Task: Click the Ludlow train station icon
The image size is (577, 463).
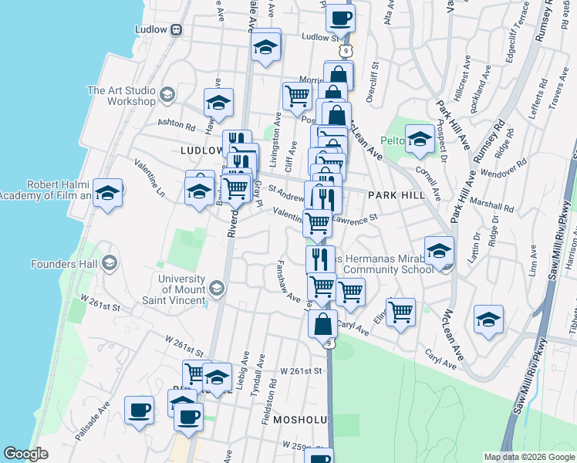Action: pyautogui.click(x=177, y=29)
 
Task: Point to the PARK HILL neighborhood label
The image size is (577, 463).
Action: pyautogui.click(x=396, y=196)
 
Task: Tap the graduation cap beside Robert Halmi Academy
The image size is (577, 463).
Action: pyautogui.click(x=107, y=193)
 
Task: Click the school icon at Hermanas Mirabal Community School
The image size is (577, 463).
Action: pyautogui.click(x=439, y=252)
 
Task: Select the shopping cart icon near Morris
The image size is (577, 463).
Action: pyautogui.click(x=296, y=96)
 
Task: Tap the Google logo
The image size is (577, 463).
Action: pyautogui.click(x=25, y=454)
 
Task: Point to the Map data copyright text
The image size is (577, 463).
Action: pyautogui.click(x=529, y=457)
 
